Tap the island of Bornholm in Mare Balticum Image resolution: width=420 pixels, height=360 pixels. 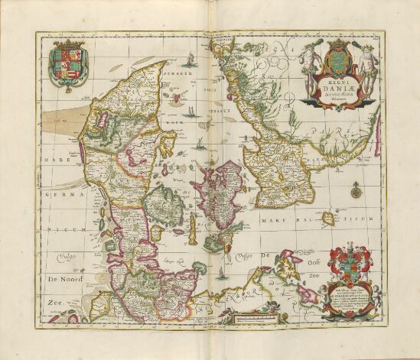coord(328,219)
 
